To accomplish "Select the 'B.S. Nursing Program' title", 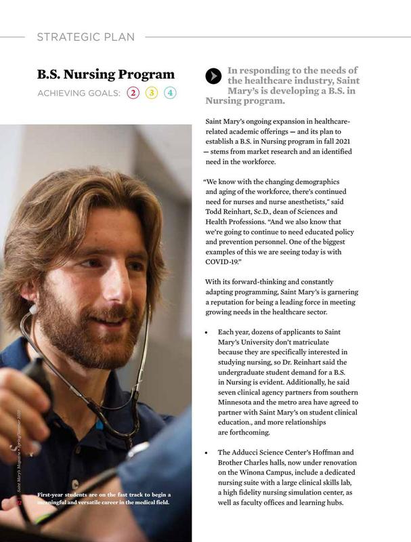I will (106, 74).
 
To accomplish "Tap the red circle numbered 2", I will (133, 93).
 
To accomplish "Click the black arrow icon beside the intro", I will (213, 77).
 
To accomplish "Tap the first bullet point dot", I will (206, 332).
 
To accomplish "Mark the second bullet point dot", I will (206, 451).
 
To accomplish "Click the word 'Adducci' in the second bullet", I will (253, 451).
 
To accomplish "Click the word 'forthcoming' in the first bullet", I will (247, 432).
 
